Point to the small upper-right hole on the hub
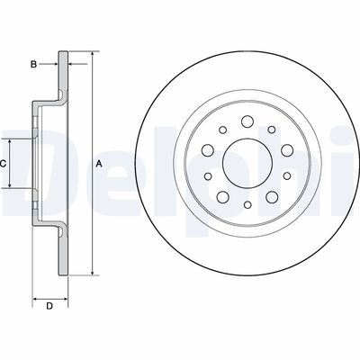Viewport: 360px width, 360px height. coord(270,128)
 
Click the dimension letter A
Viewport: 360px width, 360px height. coord(98,162)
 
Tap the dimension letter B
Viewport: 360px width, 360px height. coord(33,64)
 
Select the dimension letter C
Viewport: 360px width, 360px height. coord(4,163)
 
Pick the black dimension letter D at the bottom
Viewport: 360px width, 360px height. coord(49,307)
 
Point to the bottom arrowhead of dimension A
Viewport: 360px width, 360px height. coord(92,271)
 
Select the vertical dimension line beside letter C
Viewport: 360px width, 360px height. coord(13,163)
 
